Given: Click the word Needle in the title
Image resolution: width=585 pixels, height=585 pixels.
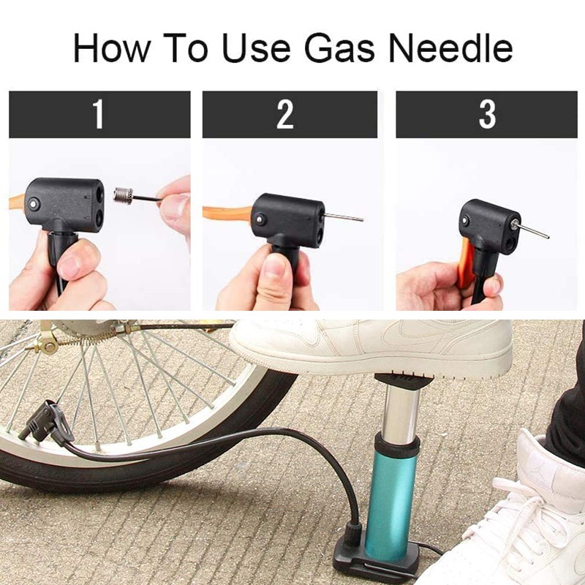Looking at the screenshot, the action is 450,48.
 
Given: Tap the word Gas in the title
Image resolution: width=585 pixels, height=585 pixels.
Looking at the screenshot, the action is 339,48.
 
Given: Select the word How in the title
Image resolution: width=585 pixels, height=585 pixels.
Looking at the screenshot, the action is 112,48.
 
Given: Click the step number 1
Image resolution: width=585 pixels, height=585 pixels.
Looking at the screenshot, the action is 98,114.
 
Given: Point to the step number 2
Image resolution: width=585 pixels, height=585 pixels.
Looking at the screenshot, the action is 285,114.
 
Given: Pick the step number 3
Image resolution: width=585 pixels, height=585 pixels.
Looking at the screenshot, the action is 487,114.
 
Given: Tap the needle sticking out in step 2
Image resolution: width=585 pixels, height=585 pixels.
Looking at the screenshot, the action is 343,216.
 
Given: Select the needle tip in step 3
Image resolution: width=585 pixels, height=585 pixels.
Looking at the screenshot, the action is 547,237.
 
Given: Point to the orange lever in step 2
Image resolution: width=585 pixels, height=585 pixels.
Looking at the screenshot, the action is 227,214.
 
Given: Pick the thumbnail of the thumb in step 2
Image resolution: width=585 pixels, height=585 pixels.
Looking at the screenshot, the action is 275,266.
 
